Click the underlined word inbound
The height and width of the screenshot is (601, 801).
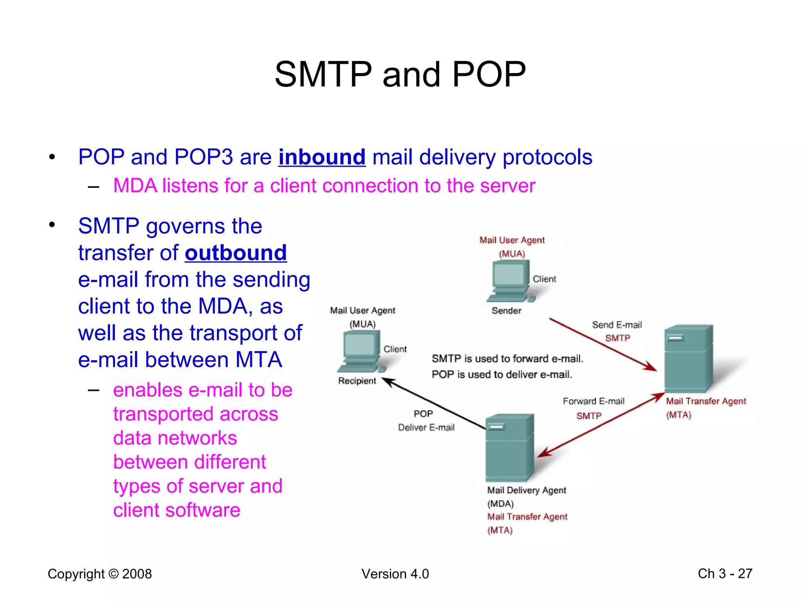322,157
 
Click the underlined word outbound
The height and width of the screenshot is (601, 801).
236,253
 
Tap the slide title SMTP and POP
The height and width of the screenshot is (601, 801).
400,74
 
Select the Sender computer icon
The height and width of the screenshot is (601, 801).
510,281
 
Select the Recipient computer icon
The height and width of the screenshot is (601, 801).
361,351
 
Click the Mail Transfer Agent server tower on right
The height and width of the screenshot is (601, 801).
688,358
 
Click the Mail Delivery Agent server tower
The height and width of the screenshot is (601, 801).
509,448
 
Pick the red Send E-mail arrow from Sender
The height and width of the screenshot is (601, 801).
602,344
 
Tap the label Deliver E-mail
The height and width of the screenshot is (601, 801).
426,427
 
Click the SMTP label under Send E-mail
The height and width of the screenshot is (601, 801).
618,338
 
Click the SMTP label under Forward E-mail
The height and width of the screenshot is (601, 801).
589,416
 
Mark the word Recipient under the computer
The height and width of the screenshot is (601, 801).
357,381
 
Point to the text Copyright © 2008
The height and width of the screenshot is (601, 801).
100,574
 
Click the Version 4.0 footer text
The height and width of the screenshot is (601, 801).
395,574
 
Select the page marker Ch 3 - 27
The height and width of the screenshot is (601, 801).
725,574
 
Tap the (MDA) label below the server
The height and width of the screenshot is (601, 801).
500,504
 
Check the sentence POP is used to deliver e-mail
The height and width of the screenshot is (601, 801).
502,374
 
